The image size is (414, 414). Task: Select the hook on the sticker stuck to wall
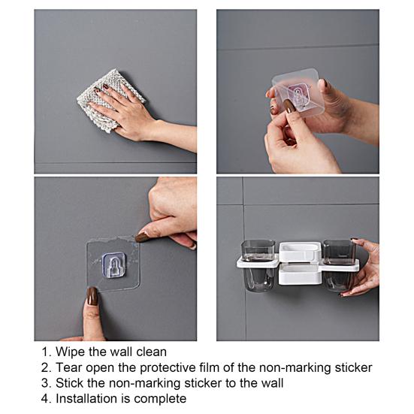click(x=113, y=262)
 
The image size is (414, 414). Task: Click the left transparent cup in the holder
click(x=258, y=264)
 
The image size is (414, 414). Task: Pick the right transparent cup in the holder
click(x=340, y=264)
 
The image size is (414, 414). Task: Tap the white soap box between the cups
click(x=299, y=262)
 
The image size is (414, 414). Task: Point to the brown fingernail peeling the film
click(x=142, y=237)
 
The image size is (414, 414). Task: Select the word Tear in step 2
click(x=70, y=367)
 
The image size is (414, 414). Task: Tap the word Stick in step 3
click(x=71, y=383)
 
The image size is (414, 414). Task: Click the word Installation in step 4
click(x=89, y=399)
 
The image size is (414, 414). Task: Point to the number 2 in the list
click(x=45, y=367)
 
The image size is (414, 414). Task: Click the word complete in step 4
click(x=162, y=399)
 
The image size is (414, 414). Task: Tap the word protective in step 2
click(x=168, y=367)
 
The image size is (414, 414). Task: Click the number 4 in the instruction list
click(x=45, y=399)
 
